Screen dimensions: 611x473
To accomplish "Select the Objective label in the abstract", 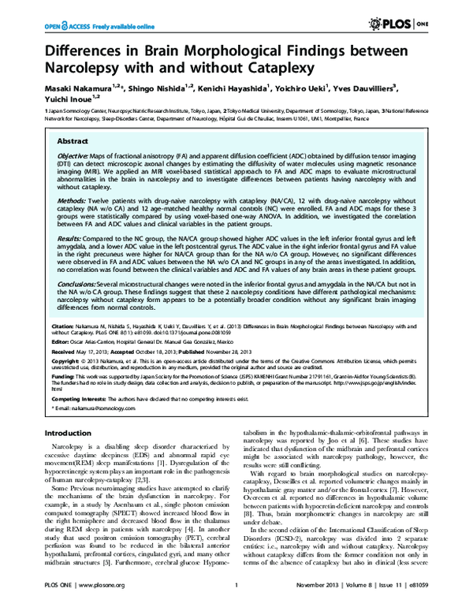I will (73, 155).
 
